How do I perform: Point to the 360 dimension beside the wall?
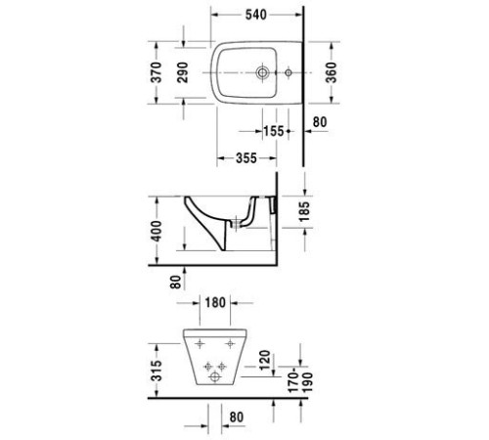coord(333,74)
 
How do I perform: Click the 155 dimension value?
coord(274,131)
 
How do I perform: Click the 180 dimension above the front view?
coord(216,303)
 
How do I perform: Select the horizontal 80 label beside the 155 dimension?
coord(319,123)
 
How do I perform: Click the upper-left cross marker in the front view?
coord(200,344)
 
